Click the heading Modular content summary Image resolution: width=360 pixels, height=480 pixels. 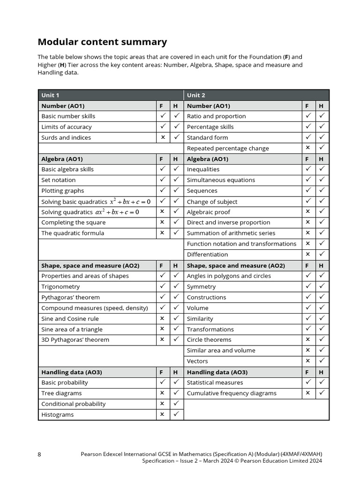(x=102, y=42)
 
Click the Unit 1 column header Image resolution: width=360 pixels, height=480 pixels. (x=50, y=95)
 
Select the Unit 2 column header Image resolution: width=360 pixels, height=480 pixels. (x=196, y=95)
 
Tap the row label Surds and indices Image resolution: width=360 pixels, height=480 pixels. (x=66, y=137)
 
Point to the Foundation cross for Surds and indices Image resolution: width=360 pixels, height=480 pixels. (x=163, y=137)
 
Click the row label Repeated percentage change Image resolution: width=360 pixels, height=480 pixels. (x=228, y=148)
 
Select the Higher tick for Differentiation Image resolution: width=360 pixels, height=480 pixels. (x=322, y=254)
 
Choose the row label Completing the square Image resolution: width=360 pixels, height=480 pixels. (x=73, y=222)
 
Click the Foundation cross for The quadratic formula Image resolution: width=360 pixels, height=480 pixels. (x=163, y=232)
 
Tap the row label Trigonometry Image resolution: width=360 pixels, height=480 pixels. (x=60, y=286)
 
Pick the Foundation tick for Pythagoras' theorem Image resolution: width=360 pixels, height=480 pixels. (x=163, y=297)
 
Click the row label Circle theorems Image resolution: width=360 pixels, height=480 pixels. (x=209, y=339)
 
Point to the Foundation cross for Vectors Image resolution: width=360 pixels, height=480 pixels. (x=308, y=361)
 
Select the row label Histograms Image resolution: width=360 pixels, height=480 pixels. (x=57, y=414)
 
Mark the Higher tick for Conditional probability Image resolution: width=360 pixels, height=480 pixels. (x=176, y=403)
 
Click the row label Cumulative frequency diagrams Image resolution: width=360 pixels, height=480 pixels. (x=232, y=393)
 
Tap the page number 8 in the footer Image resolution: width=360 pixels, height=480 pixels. (x=39, y=454)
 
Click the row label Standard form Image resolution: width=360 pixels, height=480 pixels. (x=207, y=137)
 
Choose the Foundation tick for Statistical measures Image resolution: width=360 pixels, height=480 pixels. (x=308, y=382)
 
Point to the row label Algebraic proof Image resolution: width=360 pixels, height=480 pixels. (x=209, y=212)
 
